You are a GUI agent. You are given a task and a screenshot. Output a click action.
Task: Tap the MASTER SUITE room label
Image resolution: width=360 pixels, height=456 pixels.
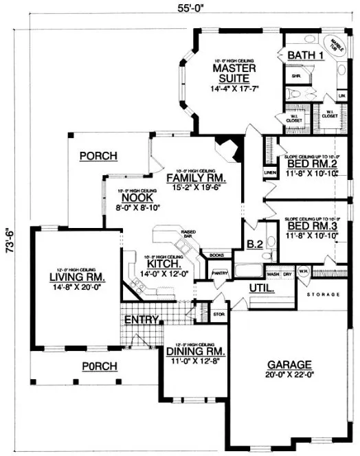click(x=234, y=73)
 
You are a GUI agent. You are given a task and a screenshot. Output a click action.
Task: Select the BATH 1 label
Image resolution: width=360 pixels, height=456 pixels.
click(x=305, y=56)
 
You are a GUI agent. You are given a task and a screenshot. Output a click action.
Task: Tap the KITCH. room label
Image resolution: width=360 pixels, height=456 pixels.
click(x=164, y=263)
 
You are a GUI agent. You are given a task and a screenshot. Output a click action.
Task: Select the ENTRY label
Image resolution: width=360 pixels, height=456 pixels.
click(x=142, y=320)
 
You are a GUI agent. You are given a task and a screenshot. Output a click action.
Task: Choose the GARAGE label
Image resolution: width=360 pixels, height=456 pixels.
click(x=291, y=365)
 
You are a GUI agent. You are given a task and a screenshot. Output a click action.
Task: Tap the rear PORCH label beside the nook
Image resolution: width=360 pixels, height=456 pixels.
click(x=98, y=156)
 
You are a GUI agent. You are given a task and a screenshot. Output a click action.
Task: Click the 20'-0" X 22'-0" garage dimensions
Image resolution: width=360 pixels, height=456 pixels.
click(x=291, y=376)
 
